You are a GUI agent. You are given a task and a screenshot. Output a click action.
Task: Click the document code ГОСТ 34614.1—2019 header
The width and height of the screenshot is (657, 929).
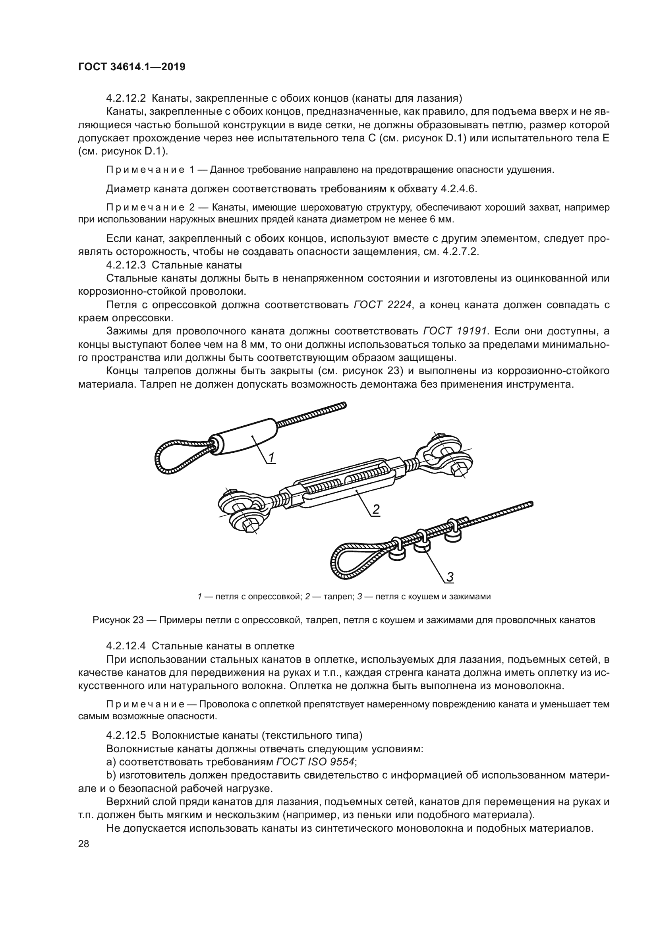132,67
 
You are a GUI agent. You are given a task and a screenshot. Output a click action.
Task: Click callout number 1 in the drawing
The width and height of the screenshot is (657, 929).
271,457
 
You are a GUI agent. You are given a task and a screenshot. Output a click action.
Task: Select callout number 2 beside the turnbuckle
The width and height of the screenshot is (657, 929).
376,510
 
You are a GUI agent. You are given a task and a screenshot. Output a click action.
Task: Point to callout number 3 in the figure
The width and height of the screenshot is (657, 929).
450,577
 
